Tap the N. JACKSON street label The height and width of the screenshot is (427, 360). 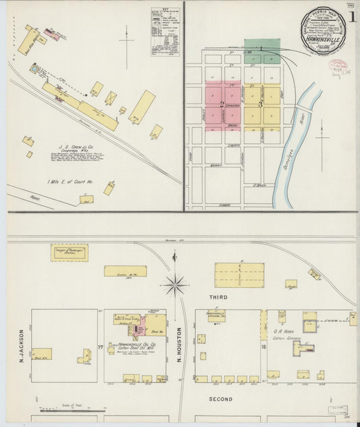point(22,345)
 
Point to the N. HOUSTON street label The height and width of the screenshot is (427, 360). point(180,348)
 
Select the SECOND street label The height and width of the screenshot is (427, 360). point(221,399)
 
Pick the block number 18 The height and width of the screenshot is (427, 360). point(263,347)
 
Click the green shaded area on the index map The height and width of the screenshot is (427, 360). point(262,47)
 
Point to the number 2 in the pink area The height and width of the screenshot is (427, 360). point(222,103)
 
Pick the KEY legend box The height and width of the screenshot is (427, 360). point(161,32)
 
